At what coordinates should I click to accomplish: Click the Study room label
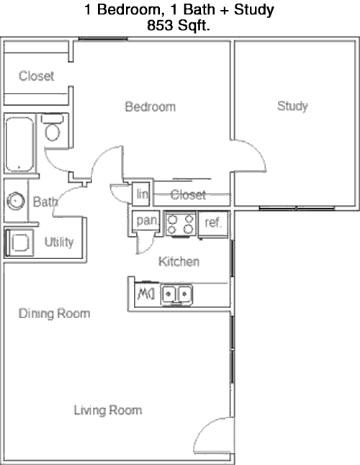click(292, 106)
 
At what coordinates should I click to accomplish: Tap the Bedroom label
click(150, 107)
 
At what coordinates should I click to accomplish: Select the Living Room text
click(108, 410)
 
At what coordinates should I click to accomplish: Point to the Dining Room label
click(54, 313)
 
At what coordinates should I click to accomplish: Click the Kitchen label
click(179, 261)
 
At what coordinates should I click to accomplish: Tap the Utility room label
click(59, 242)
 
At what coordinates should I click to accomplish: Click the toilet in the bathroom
click(52, 127)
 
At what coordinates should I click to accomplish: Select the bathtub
click(19, 144)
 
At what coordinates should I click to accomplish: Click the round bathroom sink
click(15, 201)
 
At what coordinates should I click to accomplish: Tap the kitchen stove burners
click(181, 224)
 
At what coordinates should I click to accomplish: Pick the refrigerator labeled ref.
click(213, 224)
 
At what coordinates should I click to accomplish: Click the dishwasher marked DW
click(146, 294)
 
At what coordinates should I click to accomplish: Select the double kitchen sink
click(176, 294)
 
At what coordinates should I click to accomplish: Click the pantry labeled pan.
click(146, 220)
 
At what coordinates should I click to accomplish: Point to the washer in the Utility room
click(19, 243)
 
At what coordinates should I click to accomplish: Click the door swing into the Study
click(249, 155)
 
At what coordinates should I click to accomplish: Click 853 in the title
click(160, 25)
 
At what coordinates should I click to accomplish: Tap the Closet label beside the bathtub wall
click(36, 76)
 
